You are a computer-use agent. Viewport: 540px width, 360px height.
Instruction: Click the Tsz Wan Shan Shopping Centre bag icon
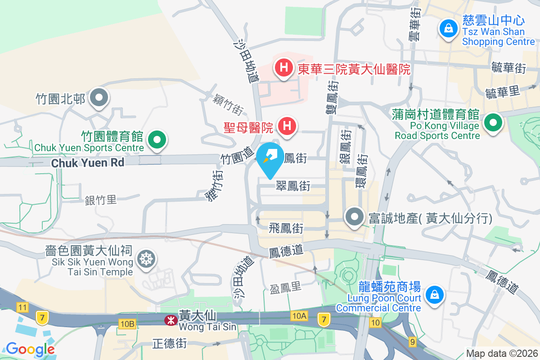(449, 28)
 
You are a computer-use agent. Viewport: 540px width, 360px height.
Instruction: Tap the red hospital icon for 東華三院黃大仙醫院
(283, 68)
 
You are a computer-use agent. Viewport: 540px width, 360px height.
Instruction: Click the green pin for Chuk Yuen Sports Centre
(157, 139)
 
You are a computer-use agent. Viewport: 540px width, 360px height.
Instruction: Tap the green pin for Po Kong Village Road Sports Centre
(493, 122)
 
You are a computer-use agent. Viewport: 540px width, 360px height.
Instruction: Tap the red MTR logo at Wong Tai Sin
(170, 320)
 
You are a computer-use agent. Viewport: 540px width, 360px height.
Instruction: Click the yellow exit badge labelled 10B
(127, 324)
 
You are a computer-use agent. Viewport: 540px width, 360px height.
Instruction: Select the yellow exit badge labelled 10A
(299, 316)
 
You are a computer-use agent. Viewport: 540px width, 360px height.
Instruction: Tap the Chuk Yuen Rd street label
(87, 162)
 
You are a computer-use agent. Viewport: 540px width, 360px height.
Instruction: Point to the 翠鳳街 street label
(293, 186)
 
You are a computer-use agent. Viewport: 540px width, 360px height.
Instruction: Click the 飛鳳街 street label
(286, 228)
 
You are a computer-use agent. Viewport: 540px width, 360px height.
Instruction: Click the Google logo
(30, 349)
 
